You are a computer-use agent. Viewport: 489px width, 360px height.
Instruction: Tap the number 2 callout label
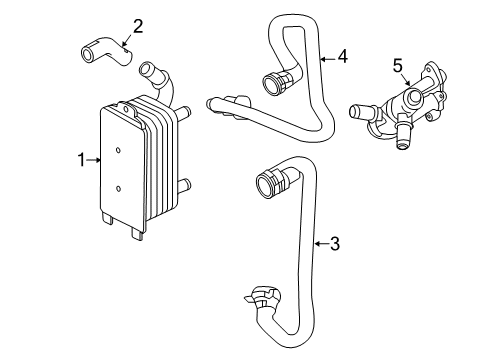click(137, 26)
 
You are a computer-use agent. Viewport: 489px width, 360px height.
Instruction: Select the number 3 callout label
click(335, 243)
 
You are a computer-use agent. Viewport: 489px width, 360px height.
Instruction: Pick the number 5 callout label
click(397, 66)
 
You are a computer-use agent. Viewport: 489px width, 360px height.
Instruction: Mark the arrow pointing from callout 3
click(320, 243)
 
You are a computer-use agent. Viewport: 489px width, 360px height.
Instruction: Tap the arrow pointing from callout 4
click(326, 58)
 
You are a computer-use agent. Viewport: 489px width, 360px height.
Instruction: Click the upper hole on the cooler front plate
click(117, 151)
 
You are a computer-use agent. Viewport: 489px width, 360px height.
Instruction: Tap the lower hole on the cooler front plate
click(117, 187)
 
